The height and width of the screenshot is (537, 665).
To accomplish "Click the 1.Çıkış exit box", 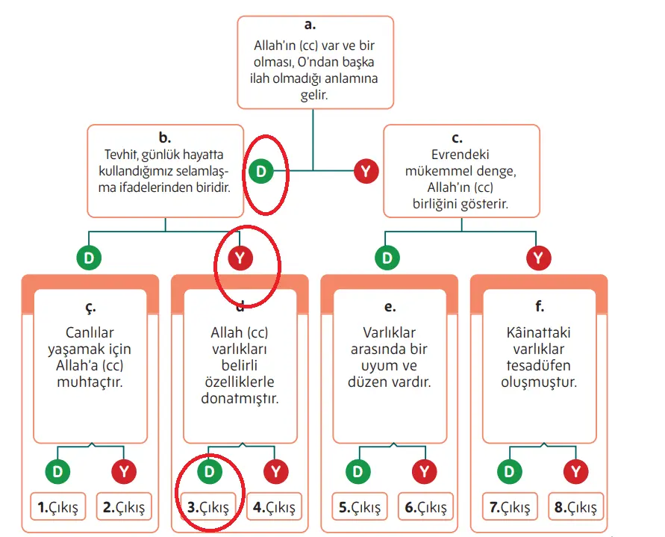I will (x=58, y=508).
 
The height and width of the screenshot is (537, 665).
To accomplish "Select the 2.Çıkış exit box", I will (x=124, y=508).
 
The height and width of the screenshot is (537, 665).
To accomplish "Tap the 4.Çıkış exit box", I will (x=275, y=508).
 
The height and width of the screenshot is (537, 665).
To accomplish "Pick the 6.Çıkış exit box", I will (x=425, y=508).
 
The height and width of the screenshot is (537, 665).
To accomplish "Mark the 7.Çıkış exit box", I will (x=510, y=508).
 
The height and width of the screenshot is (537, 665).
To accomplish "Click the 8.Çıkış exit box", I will (x=576, y=508).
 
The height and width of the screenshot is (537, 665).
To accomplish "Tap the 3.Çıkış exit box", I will (x=208, y=508).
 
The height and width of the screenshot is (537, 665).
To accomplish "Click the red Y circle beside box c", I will (x=365, y=171).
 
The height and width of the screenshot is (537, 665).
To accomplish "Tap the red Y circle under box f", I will (x=575, y=471).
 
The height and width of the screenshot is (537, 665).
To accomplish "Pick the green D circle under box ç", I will (x=58, y=471).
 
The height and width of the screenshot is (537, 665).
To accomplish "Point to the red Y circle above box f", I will (x=538, y=258).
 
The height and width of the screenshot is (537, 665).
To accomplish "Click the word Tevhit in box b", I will (x=120, y=155).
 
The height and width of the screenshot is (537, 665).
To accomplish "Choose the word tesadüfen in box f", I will (x=539, y=366).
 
